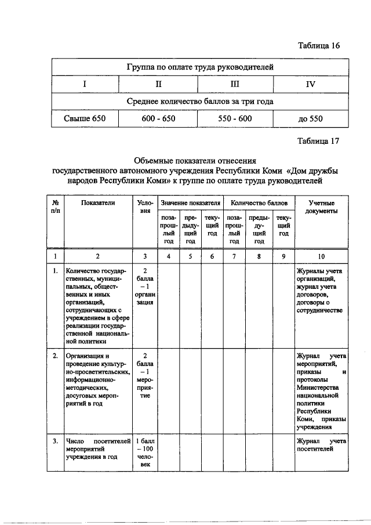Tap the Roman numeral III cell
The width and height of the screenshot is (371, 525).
pyautogui.click(x=234, y=84)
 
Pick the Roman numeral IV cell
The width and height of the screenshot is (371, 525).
pyautogui.click(x=310, y=85)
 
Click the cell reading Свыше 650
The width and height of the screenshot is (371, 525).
pyautogui.click(x=85, y=118)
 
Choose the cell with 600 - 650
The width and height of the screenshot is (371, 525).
pyautogui.click(x=158, y=118)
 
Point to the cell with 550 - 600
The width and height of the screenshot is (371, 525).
pyautogui.click(x=234, y=118)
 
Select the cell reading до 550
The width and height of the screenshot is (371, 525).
pyautogui.click(x=310, y=119)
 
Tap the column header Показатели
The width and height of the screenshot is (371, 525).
pyautogui.click(x=98, y=203)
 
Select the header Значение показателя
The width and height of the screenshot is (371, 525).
pyautogui.click(x=191, y=204)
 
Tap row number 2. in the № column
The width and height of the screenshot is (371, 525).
pyautogui.click(x=54, y=356)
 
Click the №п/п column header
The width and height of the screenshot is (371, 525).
pyautogui.click(x=54, y=207)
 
